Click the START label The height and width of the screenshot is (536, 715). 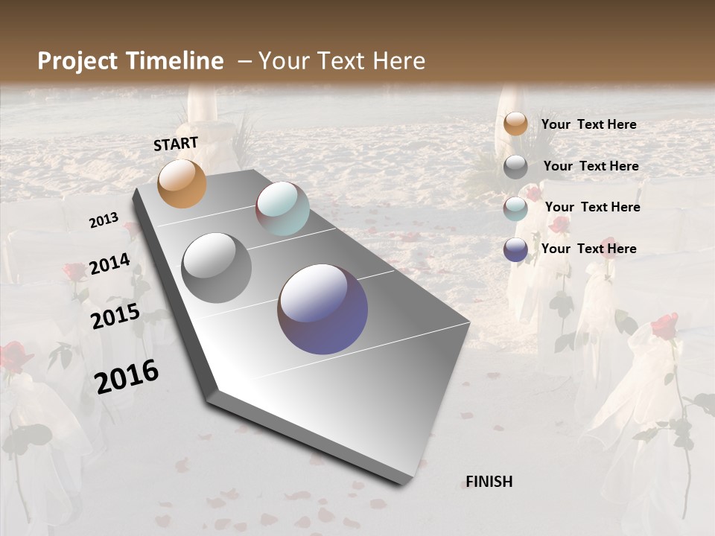point(176,144)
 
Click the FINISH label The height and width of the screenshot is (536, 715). point(489,482)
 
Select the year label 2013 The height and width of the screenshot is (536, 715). point(104,220)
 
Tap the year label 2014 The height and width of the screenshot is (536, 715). point(110,264)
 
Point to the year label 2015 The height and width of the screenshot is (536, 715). point(115,317)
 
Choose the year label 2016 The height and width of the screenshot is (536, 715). point(127,376)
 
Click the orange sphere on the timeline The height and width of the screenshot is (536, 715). point(182,184)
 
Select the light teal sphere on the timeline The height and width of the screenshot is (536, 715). point(282,208)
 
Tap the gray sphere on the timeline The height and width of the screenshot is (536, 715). point(217,268)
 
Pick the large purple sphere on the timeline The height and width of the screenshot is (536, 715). point(322,308)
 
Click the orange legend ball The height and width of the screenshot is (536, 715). point(515,124)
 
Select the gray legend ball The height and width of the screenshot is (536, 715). point(515,167)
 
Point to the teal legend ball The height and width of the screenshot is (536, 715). point(515,208)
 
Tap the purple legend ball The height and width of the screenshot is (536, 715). point(515,249)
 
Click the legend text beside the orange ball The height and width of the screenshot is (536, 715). point(588,124)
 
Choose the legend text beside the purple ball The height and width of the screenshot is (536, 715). point(588,249)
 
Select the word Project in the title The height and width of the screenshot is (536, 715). point(77,61)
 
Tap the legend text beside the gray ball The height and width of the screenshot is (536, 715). point(591,166)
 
